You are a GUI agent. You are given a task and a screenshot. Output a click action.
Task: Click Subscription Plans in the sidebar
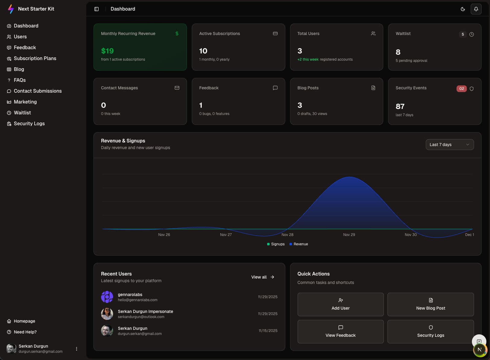[35, 58]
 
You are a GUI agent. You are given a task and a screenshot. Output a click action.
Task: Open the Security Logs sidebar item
[29, 123]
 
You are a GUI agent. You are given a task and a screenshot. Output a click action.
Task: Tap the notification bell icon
[476, 9]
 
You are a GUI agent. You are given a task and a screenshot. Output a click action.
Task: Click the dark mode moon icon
[463, 9]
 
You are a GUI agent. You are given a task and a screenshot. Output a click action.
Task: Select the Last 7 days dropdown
[449, 145]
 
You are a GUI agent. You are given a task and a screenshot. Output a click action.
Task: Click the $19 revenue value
[107, 51]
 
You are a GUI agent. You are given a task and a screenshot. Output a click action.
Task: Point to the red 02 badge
[461, 89]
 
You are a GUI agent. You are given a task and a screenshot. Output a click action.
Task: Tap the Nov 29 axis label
[349, 235]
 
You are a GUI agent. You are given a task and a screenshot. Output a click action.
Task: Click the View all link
[263, 277]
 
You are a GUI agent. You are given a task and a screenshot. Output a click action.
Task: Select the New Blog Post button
[430, 304]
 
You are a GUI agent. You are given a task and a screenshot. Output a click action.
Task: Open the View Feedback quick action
[340, 332]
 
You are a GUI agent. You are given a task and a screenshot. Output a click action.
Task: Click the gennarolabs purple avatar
[107, 297]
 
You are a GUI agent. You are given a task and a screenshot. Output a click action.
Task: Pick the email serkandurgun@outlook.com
[141, 317]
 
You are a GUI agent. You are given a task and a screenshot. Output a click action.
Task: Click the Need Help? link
[25, 332]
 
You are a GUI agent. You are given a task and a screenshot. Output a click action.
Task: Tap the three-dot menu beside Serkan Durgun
[77, 349]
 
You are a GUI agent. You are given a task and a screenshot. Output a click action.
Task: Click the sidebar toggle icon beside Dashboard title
[96, 9]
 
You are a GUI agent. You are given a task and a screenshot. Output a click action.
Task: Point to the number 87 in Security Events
[400, 107]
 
